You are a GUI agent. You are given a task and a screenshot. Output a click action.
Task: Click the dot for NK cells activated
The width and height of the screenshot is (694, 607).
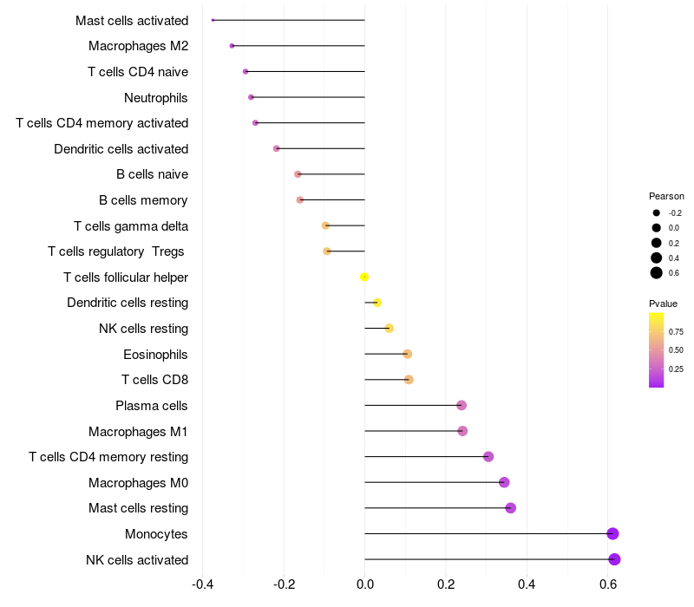[614, 559]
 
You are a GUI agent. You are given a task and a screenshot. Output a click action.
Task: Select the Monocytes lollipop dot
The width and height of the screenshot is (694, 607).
[612, 533]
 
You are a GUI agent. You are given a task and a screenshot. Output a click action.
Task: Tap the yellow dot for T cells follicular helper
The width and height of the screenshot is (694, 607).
[364, 277]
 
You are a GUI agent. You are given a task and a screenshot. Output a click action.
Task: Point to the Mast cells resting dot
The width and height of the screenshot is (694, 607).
[510, 508]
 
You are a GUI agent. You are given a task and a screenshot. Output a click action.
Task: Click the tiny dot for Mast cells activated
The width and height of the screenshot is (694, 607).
[213, 20]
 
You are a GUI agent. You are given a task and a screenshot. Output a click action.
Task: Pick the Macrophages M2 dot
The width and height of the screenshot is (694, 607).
[232, 45]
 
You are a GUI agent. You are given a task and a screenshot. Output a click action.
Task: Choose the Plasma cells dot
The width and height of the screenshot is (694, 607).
[462, 405]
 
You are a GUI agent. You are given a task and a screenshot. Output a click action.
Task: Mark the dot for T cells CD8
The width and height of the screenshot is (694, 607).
[409, 380]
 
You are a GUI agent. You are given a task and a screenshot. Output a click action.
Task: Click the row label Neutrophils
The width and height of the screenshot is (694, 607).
[156, 97]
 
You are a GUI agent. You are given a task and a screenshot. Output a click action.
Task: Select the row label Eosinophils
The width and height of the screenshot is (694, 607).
[155, 354]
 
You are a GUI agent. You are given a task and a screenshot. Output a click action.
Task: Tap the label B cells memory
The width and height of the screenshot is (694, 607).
[143, 200]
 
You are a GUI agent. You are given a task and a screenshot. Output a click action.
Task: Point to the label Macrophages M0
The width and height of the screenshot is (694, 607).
[138, 482]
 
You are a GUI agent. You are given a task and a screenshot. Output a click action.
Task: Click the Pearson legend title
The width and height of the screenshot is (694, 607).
[666, 196]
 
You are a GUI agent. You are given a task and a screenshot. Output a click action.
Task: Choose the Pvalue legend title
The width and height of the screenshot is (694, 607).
[663, 303]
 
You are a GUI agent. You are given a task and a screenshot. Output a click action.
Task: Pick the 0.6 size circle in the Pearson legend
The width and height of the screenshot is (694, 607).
[657, 273]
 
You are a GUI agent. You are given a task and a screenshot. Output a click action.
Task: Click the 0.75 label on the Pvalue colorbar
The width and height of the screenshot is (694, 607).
[676, 331]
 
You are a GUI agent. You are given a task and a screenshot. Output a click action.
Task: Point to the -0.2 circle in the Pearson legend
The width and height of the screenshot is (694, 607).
[657, 212]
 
